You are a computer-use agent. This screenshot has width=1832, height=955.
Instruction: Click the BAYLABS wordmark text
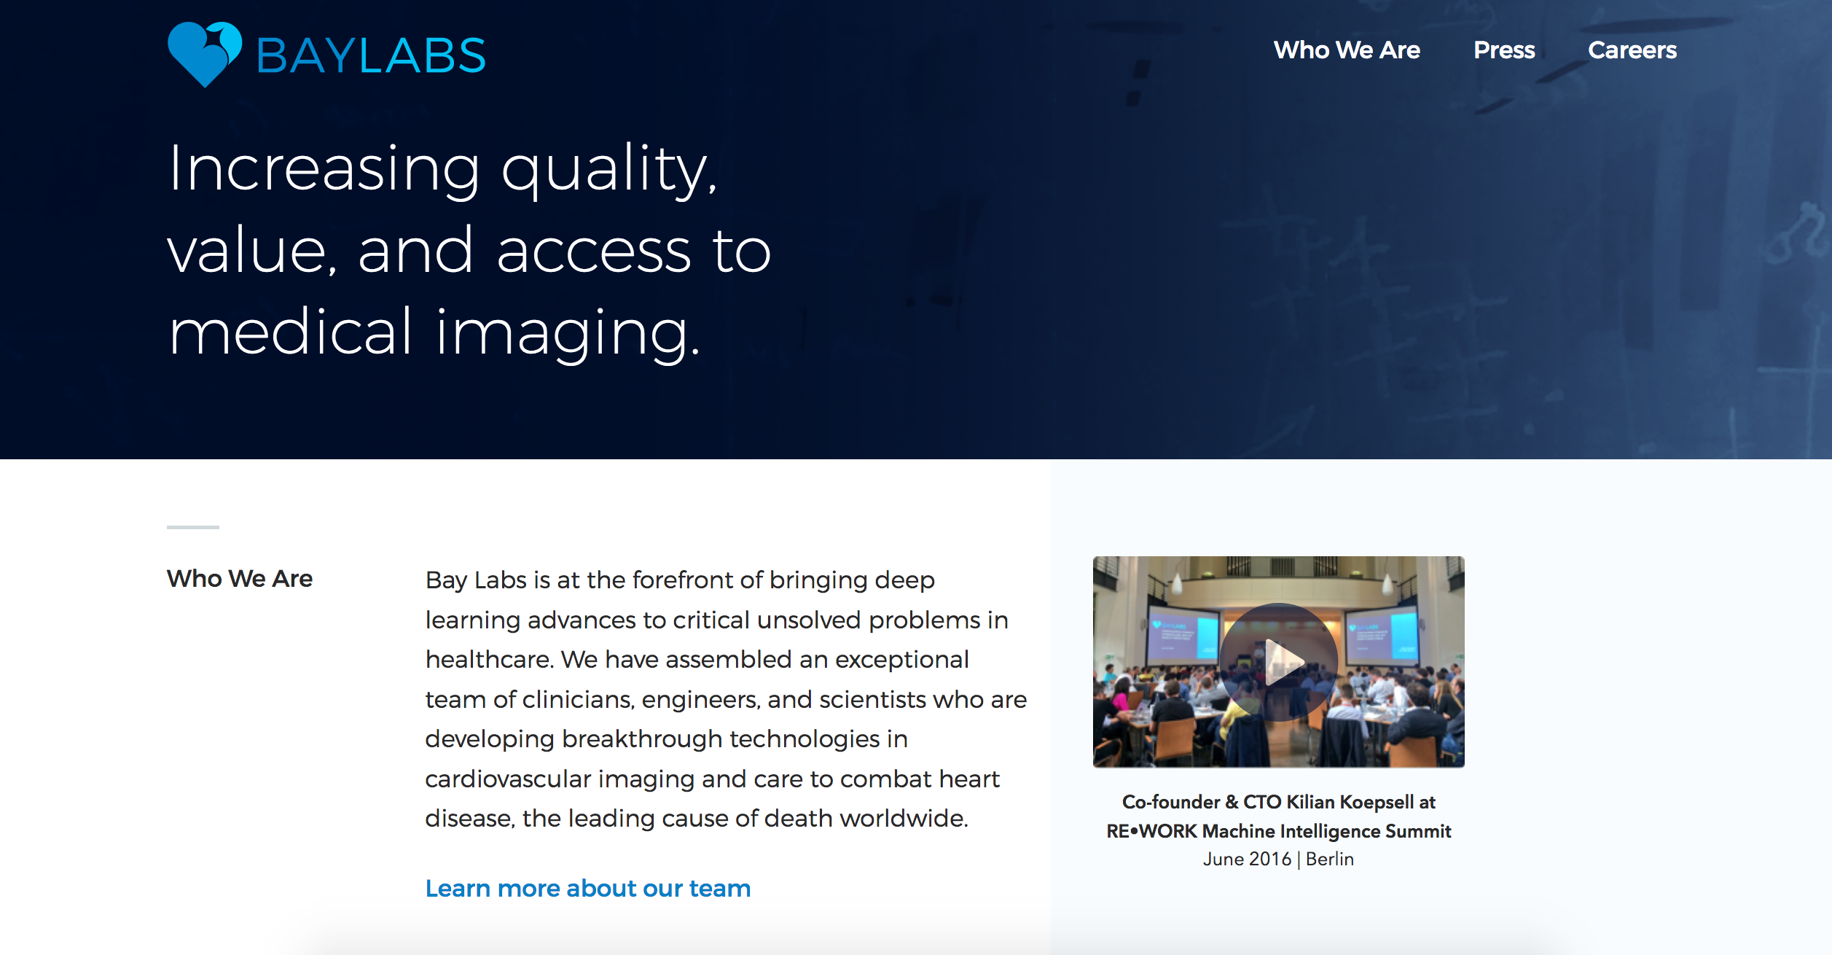click(371, 55)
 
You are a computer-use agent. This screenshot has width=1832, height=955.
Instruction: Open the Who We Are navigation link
click(1347, 50)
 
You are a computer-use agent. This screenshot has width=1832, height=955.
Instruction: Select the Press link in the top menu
click(1504, 50)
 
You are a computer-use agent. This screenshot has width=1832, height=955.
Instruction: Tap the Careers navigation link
click(1632, 50)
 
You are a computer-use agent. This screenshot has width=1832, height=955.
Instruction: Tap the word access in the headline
click(593, 252)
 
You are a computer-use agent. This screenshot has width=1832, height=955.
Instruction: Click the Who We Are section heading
click(240, 579)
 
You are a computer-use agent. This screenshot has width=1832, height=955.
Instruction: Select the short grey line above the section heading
click(193, 527)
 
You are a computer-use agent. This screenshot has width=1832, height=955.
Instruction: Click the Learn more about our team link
click(588, 889)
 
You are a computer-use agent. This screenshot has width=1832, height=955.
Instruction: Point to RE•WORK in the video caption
click(1152, 832)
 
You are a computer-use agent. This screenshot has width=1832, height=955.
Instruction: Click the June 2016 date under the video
click(1247, 860)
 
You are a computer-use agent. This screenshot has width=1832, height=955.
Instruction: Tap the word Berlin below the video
click(1330, 860)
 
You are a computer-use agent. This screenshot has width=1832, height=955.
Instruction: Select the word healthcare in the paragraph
click(491, 660)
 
